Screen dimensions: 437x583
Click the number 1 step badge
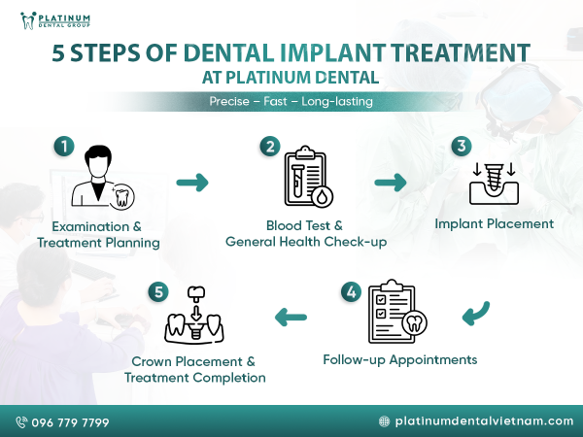tap(63, 147)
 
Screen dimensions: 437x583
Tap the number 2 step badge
tap(269, 147)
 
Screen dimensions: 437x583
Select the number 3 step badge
tap(463, 147)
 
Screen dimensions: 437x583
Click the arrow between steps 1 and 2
tap(192, 182)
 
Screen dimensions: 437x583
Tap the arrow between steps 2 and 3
tap(390, 182)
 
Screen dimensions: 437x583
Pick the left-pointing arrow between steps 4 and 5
tap(291, 317)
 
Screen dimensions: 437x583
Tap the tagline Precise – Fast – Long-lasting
tap(291, 101)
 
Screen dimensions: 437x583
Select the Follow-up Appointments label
tap(399, 359)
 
